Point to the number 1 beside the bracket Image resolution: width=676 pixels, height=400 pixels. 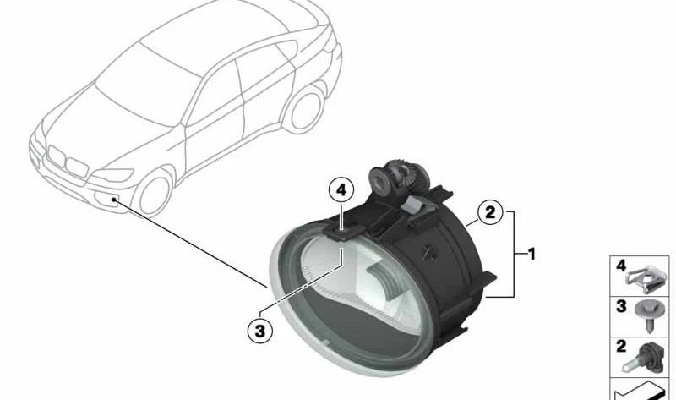[531, 253]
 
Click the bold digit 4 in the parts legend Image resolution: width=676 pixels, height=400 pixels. [621, 266]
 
